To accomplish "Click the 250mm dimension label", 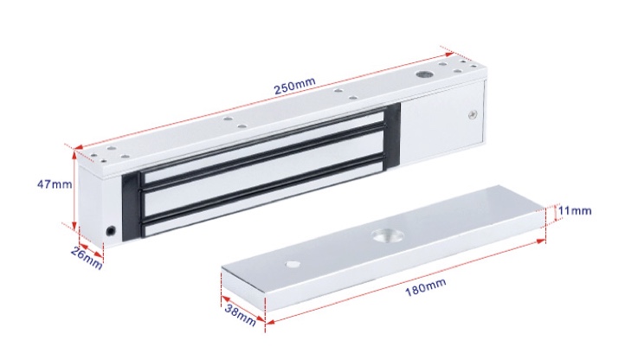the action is point(294,86).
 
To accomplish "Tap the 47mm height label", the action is point(55,184).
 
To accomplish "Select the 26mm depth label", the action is point(87,258).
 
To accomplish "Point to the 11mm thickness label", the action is point(575,210).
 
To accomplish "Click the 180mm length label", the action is point(425,287).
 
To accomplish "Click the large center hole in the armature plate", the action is point(388,236).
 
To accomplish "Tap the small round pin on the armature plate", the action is point(293,264).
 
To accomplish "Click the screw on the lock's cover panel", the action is point(474,114).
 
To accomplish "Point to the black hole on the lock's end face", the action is point(111,230).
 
